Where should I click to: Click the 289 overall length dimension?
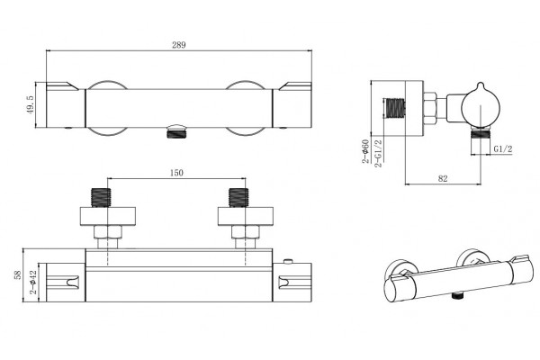point(179,45)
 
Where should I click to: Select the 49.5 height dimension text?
point(31,104)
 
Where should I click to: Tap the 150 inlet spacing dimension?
point(176,173)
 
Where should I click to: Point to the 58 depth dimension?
point(18,274)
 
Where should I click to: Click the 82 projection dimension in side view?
point(443,178)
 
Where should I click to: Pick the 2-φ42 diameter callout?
point(33,282)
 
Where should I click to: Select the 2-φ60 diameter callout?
point(365,151)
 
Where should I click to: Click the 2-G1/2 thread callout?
point(378,153)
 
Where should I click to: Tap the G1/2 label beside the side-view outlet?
point(503,148)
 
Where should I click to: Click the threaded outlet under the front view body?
point(176,131)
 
